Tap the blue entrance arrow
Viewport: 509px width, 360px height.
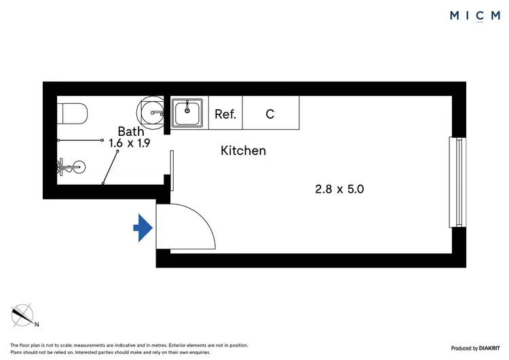pos(142,228)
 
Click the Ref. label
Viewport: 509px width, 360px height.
pos(225,114)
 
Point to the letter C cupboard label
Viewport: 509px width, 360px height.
pos(269,114)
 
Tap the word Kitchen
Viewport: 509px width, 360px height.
pos(243,151)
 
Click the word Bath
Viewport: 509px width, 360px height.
pos(130,131)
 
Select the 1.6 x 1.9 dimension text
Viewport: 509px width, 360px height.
pos(129,143)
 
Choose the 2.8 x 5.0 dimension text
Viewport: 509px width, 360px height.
pos(339,190)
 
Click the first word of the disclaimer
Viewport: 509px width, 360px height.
pos(15,346)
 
